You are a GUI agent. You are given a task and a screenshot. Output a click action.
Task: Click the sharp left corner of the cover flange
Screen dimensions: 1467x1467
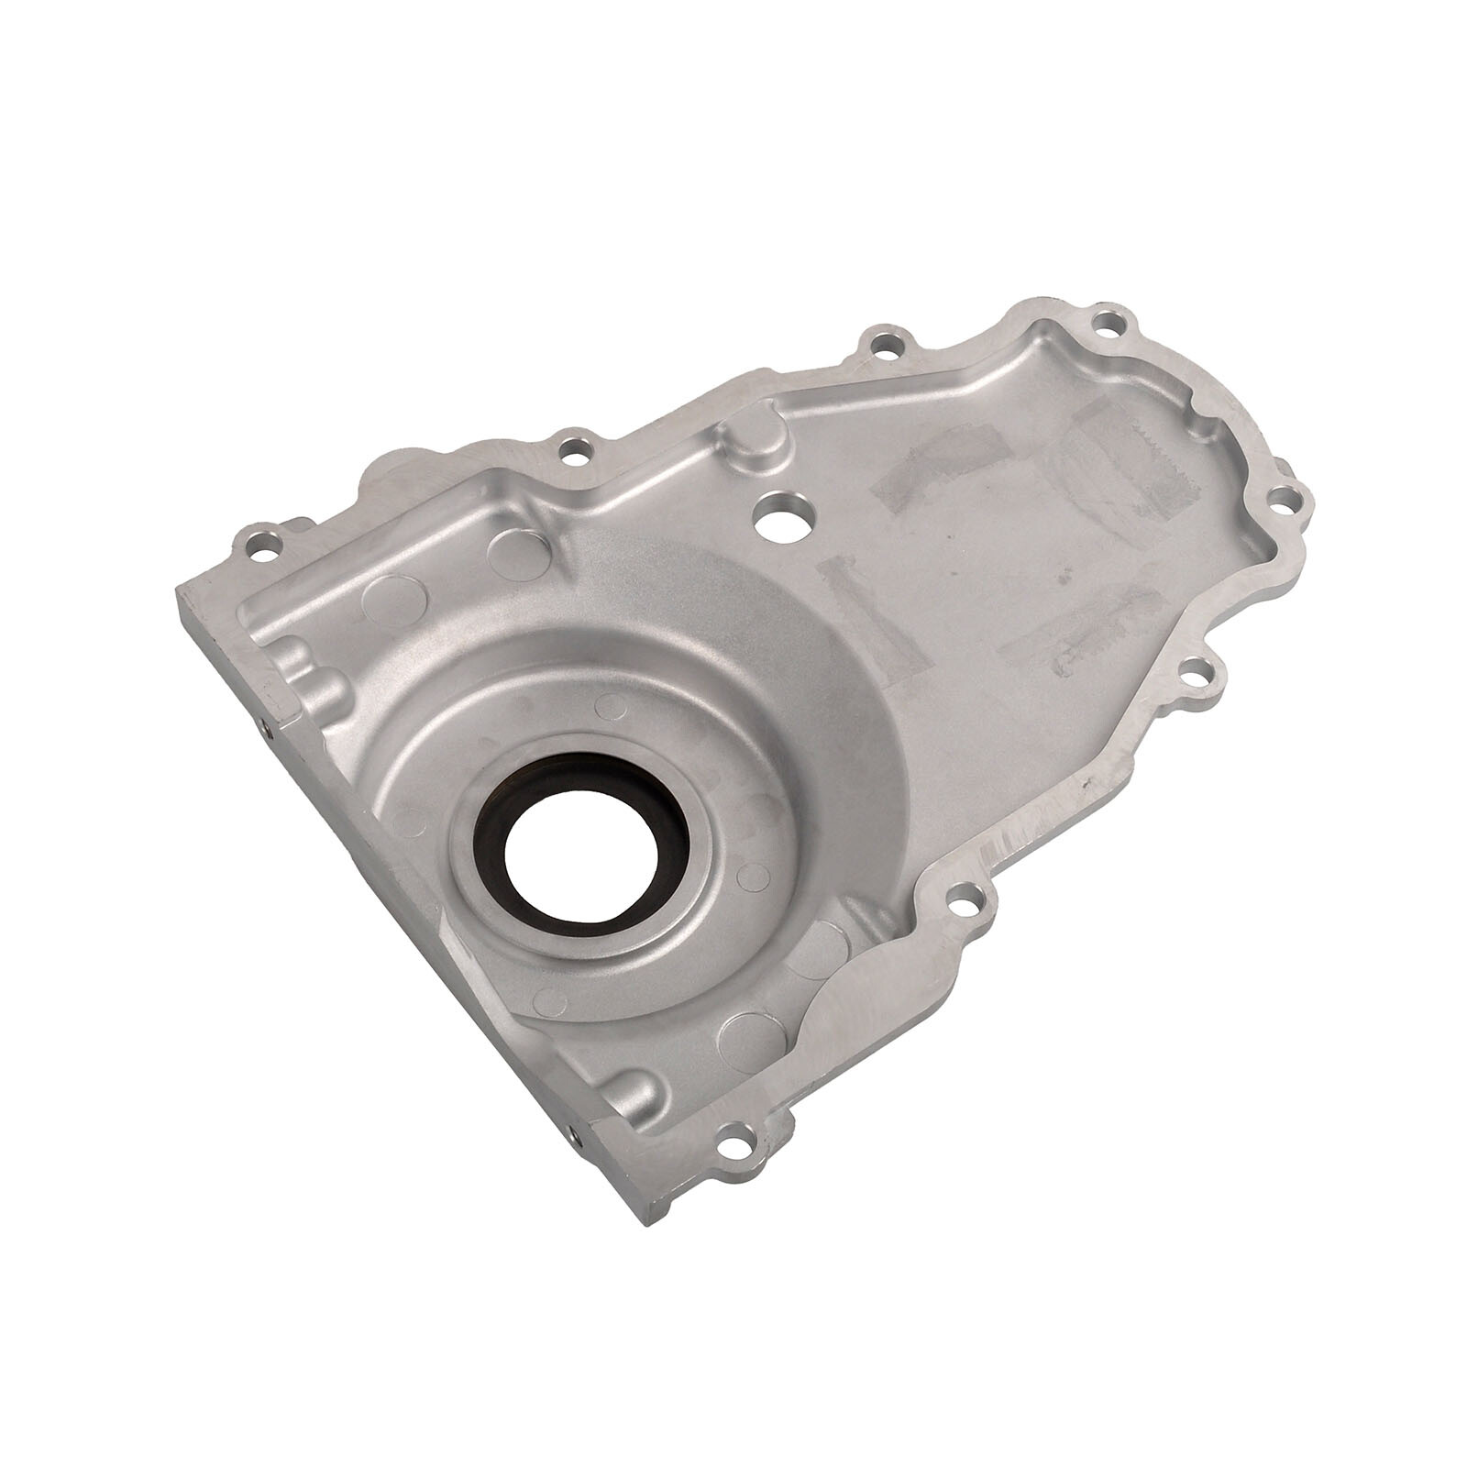180,587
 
